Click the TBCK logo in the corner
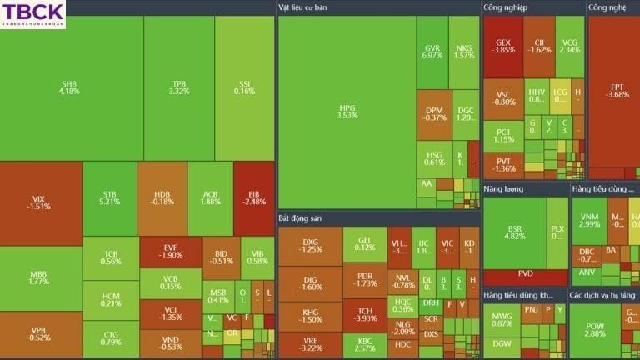[32, 14]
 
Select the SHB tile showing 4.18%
[70, 87]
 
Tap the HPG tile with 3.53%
[347, 111]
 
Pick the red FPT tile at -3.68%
[617, 90]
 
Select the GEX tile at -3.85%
[503, 46]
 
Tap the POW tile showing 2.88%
[594, 329]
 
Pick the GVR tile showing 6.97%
[432, 52]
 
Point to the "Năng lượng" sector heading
[503, 189]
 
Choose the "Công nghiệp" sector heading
[505, 7]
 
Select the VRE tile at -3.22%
[310, 344]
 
